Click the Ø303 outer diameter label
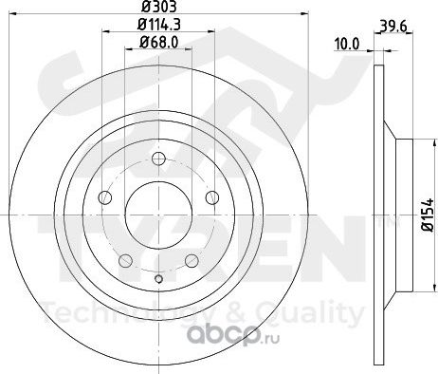158,7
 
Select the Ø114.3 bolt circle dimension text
159,25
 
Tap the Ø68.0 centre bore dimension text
158,42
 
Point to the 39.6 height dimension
393,26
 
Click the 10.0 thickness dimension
347,44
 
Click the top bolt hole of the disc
158,159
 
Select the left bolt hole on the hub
105,197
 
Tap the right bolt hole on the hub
212,197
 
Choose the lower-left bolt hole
125,260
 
